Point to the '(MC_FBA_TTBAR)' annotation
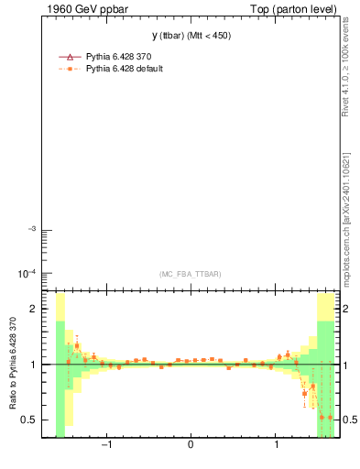(190, 274)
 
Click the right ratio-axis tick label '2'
(346, 310)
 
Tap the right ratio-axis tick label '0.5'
(351, 420)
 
